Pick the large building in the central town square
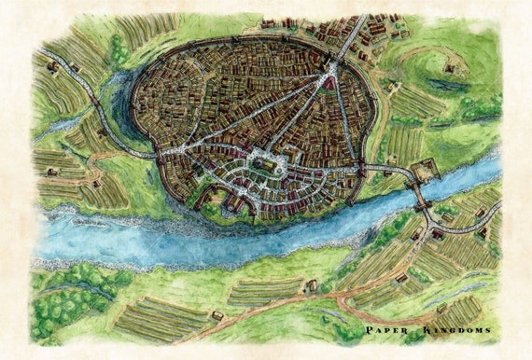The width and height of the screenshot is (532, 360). [x=265, y=166]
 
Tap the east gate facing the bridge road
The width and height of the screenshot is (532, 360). [x=364, y=170]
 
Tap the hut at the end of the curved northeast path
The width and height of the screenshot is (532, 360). [x=449, y=67]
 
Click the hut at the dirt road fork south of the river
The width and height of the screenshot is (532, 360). [x=311, y=285]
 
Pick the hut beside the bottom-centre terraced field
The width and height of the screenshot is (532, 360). [x=217, y=316]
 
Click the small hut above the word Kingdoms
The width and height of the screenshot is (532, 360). [x=441, y=308]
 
